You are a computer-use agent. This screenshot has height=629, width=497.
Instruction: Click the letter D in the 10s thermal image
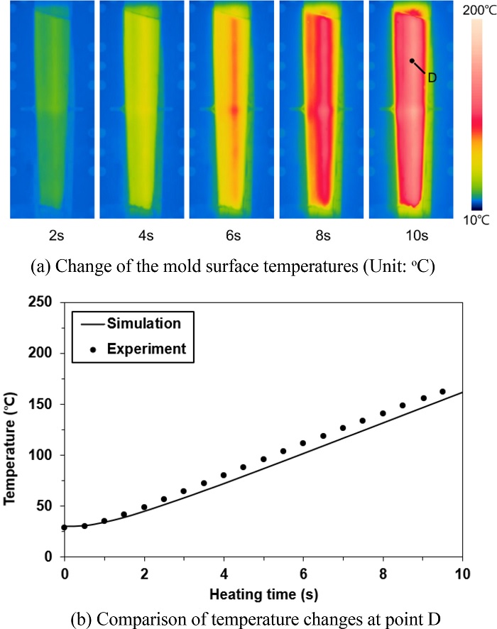pos(432,77)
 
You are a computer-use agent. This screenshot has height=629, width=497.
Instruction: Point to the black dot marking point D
pos(412,61)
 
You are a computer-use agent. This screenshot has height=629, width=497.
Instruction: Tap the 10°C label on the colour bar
pos(474,221)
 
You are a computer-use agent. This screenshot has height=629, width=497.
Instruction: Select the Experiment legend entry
pos(146,349)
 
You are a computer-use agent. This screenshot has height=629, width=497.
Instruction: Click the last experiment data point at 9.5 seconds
pos(442,392)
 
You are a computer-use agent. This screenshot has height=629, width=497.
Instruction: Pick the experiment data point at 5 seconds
pos(263,459)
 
